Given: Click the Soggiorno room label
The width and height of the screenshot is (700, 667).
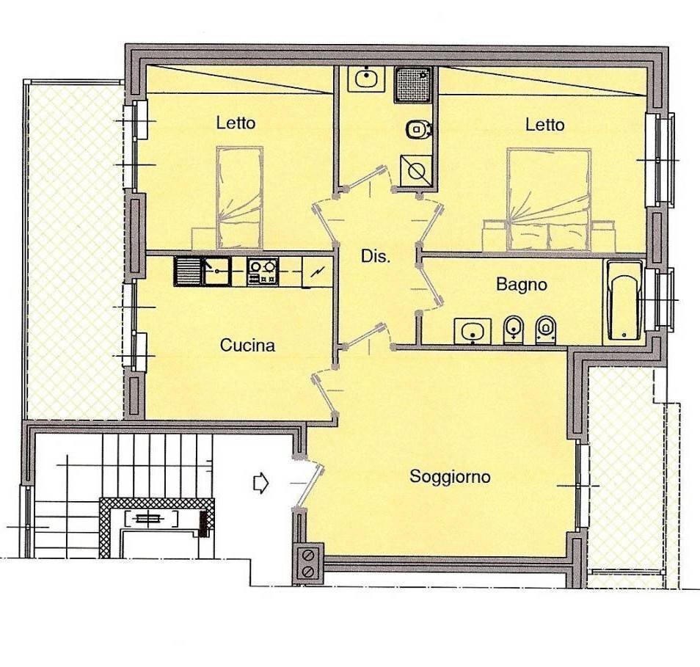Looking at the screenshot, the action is pos(450,477).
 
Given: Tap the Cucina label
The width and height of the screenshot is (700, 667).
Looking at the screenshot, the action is pos(247,346).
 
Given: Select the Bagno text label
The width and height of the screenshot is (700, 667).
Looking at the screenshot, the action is pos(522,285).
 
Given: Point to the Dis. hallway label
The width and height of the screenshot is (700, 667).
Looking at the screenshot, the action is pos(376,257).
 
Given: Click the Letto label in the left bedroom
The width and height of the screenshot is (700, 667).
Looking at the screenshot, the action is pos(236,123).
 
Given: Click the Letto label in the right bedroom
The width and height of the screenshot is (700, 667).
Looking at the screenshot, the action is pos(544,125).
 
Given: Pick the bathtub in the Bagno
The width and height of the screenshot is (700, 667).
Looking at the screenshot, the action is pos(624,302).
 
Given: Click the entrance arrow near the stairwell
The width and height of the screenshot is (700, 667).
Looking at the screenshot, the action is pos(260,483).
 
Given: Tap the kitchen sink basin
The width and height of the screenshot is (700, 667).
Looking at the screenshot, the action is pos(217,271).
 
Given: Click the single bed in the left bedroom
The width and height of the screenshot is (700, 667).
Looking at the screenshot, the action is pos(239,198).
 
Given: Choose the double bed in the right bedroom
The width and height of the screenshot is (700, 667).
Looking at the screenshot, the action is pos(549,200).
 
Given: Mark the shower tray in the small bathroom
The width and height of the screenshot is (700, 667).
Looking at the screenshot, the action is pos(413,84).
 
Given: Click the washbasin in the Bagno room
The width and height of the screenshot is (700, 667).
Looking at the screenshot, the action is pos(473,331).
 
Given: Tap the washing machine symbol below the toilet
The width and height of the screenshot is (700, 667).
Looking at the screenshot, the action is pos(416,170).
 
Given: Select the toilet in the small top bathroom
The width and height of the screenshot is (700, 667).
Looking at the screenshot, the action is pos(418,129).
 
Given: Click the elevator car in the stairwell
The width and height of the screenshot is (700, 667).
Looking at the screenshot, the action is pos(150,520).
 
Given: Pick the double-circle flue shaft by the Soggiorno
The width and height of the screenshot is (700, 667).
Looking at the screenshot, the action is pos(308,564).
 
